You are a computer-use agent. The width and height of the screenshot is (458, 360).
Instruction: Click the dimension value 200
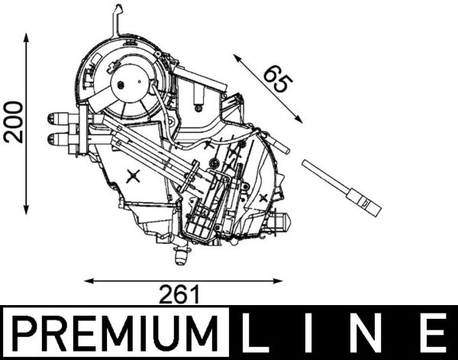[14, 122]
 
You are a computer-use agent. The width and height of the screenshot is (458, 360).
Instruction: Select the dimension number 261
[179, 294]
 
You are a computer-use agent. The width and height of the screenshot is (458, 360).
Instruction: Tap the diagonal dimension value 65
[278, 79]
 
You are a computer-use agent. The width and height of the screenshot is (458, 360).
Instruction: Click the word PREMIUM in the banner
[115, 333]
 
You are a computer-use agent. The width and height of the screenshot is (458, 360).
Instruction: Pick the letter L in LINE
[256, 333]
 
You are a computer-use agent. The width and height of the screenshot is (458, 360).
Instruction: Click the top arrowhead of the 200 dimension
[26, 37]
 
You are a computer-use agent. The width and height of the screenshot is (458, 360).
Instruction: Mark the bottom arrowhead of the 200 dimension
[26, 210]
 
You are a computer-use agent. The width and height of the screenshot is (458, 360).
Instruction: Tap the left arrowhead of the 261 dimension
[89, 281]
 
